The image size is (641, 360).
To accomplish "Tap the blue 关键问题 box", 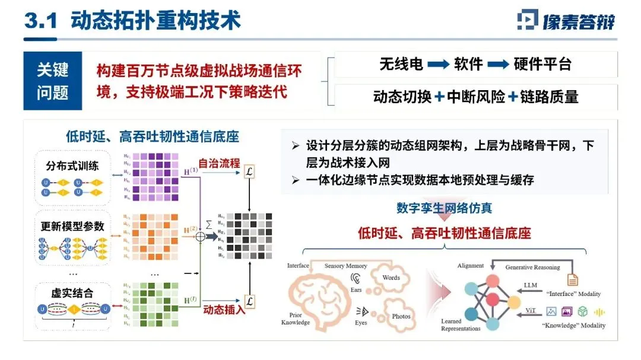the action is pyautogui.click(x=52, y=81).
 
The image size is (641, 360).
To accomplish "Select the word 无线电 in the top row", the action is pyautogui.click(x=401, y=64).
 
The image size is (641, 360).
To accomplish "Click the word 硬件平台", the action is pyautogui.click(x=542, y=64).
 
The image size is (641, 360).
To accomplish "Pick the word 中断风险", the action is pyautogui.click(x=477, y=96).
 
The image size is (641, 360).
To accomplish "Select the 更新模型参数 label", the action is pyautogui.click(x=72, y=226).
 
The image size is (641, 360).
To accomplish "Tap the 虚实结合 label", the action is pyautogui.click(x=72, y=293).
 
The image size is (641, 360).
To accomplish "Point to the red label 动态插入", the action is pyautogui.click(x=223, y=309).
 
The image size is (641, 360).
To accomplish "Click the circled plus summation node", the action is pyautogui.click(x=200, y=235).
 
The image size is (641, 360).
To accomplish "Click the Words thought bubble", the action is pyautogui.click(x=391, y=278).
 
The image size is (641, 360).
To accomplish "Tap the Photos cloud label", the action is pyautogui.click(x=401, y=316).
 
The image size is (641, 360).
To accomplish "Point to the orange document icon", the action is pyautogui.click(x=573, y=278).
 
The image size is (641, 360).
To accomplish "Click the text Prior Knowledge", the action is pyautogui.click(x=296, y=319).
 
